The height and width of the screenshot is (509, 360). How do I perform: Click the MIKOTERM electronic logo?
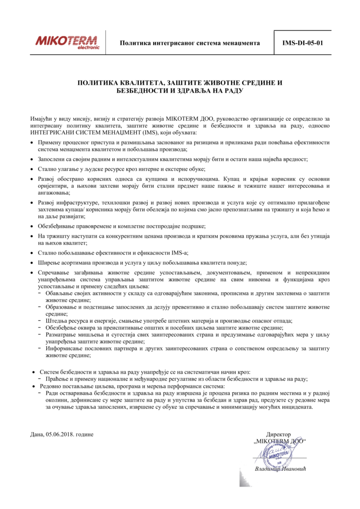coord(67,42)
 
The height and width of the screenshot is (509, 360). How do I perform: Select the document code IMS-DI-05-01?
coord(302,43)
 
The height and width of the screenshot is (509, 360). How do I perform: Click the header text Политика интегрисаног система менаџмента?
coord(190,43)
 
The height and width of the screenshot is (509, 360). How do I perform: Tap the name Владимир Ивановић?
coord(278,469)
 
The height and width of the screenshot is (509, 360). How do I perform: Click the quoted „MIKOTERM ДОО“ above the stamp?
coord(279,441)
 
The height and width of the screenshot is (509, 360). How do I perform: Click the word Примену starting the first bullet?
coord(49,143)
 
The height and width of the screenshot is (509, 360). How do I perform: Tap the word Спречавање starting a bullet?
coord(54,273)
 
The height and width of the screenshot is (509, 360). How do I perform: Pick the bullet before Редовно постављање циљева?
coord(35,386)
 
